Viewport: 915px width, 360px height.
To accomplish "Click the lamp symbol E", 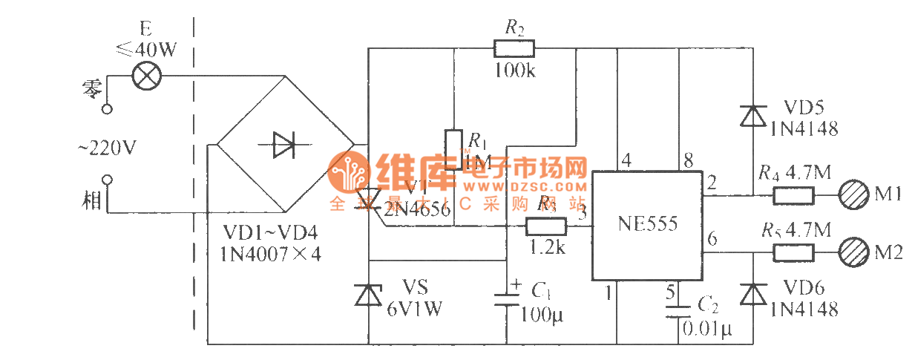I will click(145, 76).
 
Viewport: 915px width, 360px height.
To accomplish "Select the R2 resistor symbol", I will click(514, 49).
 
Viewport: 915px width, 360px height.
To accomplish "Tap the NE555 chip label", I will click(647, 223).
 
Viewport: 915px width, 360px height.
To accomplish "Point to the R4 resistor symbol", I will click(794, 196).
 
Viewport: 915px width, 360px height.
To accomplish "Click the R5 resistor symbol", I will click(794, 252).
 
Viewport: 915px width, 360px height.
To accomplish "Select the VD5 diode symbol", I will click(753, 117).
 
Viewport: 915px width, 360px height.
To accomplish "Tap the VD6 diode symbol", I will click(753, 295).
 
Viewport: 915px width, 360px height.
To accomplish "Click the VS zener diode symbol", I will click(369, 295).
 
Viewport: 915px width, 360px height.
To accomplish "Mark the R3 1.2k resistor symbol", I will click(546, 226).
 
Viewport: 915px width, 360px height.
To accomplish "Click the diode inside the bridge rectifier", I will click(284, 145).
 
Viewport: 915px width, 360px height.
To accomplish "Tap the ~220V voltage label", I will click(107, 148).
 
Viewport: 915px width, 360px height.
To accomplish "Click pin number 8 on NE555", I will click(689, 160).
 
